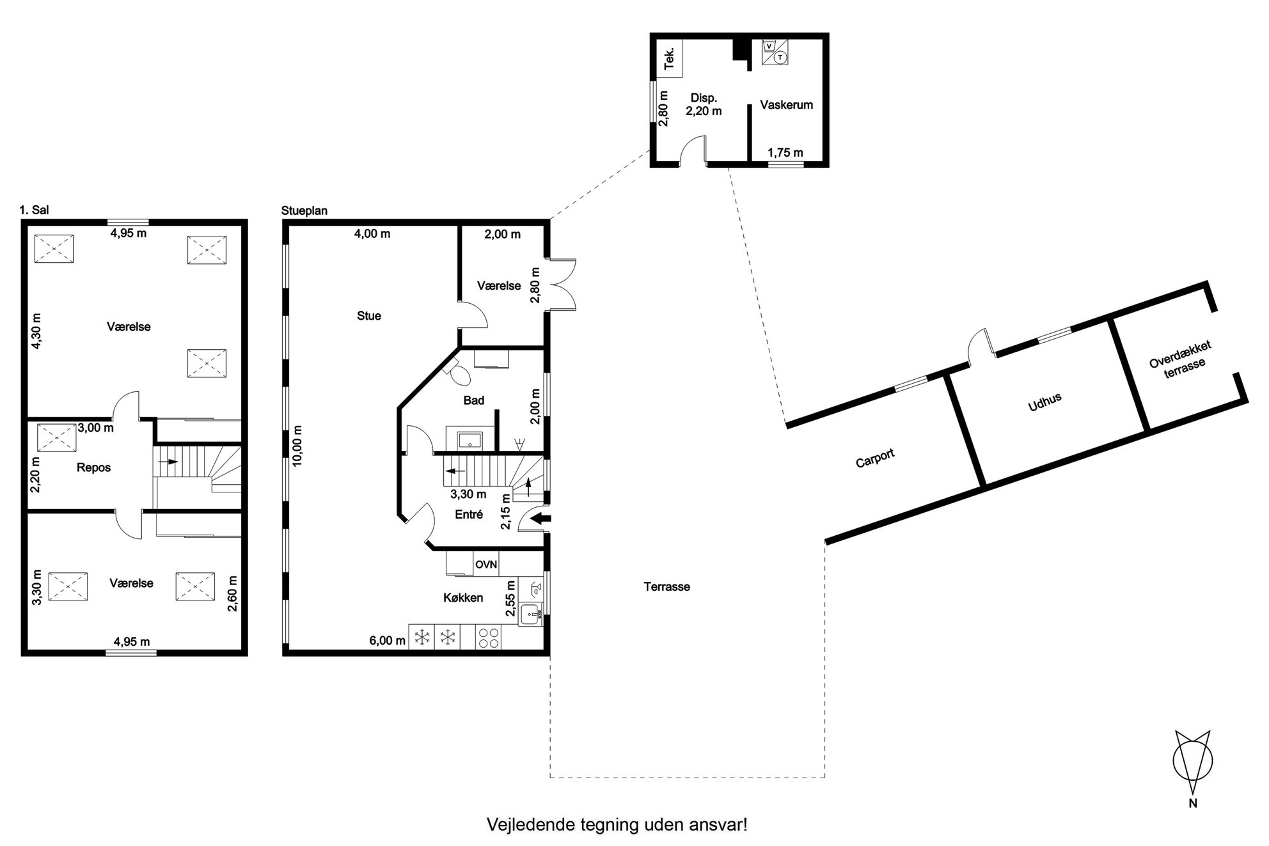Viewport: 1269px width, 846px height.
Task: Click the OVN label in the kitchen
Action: (486, 565)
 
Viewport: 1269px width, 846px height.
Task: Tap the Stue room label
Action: (369, 316)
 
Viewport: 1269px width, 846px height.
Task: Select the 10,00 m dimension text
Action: (298, 446)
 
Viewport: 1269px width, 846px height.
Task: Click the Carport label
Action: (875, 458)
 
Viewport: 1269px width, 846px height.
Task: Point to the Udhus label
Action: (1045, 402)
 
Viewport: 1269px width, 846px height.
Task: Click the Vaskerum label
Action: (786, 105)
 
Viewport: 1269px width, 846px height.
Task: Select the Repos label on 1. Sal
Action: (93, 468)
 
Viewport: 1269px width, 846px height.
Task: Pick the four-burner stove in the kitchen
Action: (489, 637)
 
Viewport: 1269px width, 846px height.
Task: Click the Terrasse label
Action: (666, 587)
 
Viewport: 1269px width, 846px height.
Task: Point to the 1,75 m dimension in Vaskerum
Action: (785, 153)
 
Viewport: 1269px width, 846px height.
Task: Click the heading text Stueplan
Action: (304, 211)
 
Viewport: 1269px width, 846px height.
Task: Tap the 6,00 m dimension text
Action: (387, 641)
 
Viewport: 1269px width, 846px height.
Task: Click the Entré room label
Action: (469, 515)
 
